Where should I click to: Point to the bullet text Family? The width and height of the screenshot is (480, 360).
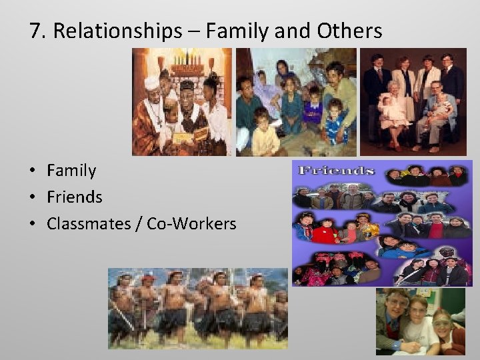pyautogui.click(x=71, y=171)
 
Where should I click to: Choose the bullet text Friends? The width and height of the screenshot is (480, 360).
pyautogui.click(x=75, y=197)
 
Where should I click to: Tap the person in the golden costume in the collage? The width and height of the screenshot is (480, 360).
pyautogui.click(x=366, y=227)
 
